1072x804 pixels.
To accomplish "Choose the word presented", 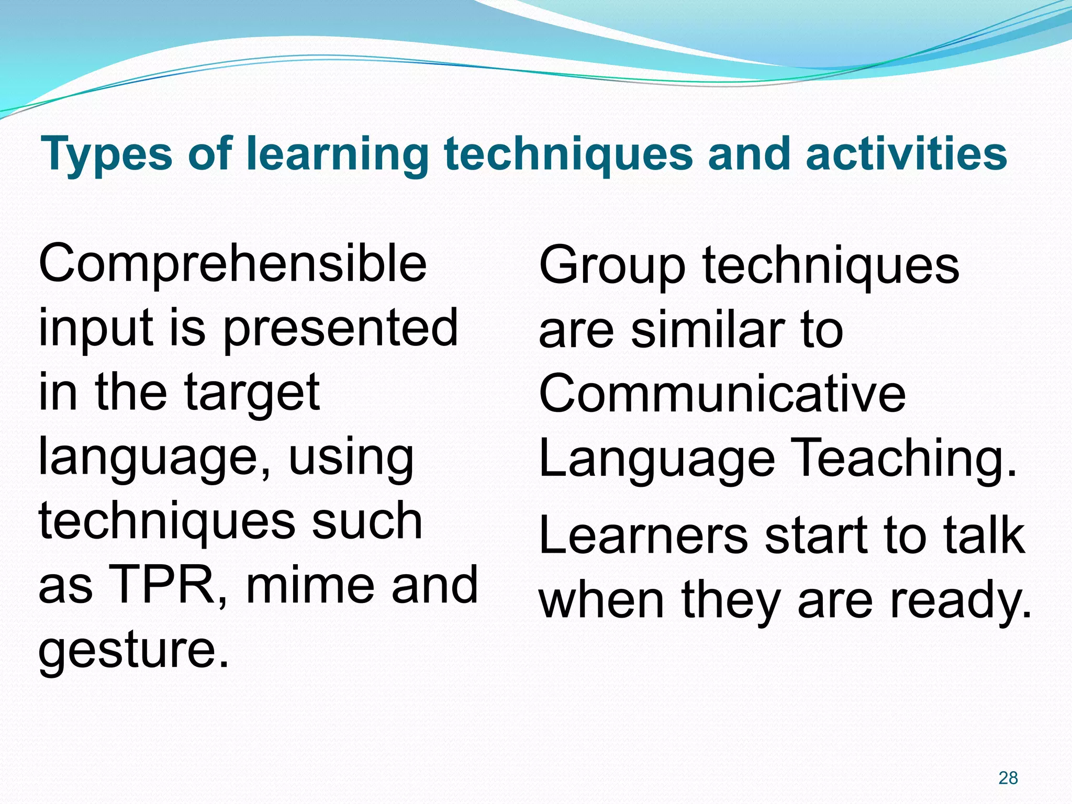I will pos(341,328).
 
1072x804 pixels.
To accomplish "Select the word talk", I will pos(984,535).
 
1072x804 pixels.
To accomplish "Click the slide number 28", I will pos(1008,778).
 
